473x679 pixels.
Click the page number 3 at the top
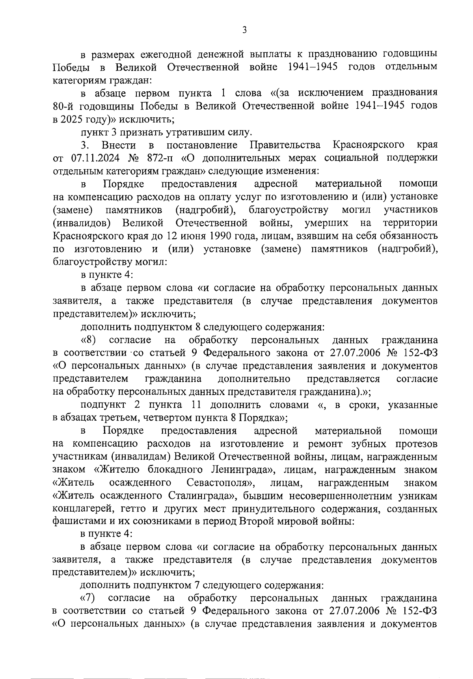244,30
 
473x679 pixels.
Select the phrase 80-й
63,106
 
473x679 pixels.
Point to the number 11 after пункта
198,405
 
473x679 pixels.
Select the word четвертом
168,417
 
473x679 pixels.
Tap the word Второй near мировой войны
259,521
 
